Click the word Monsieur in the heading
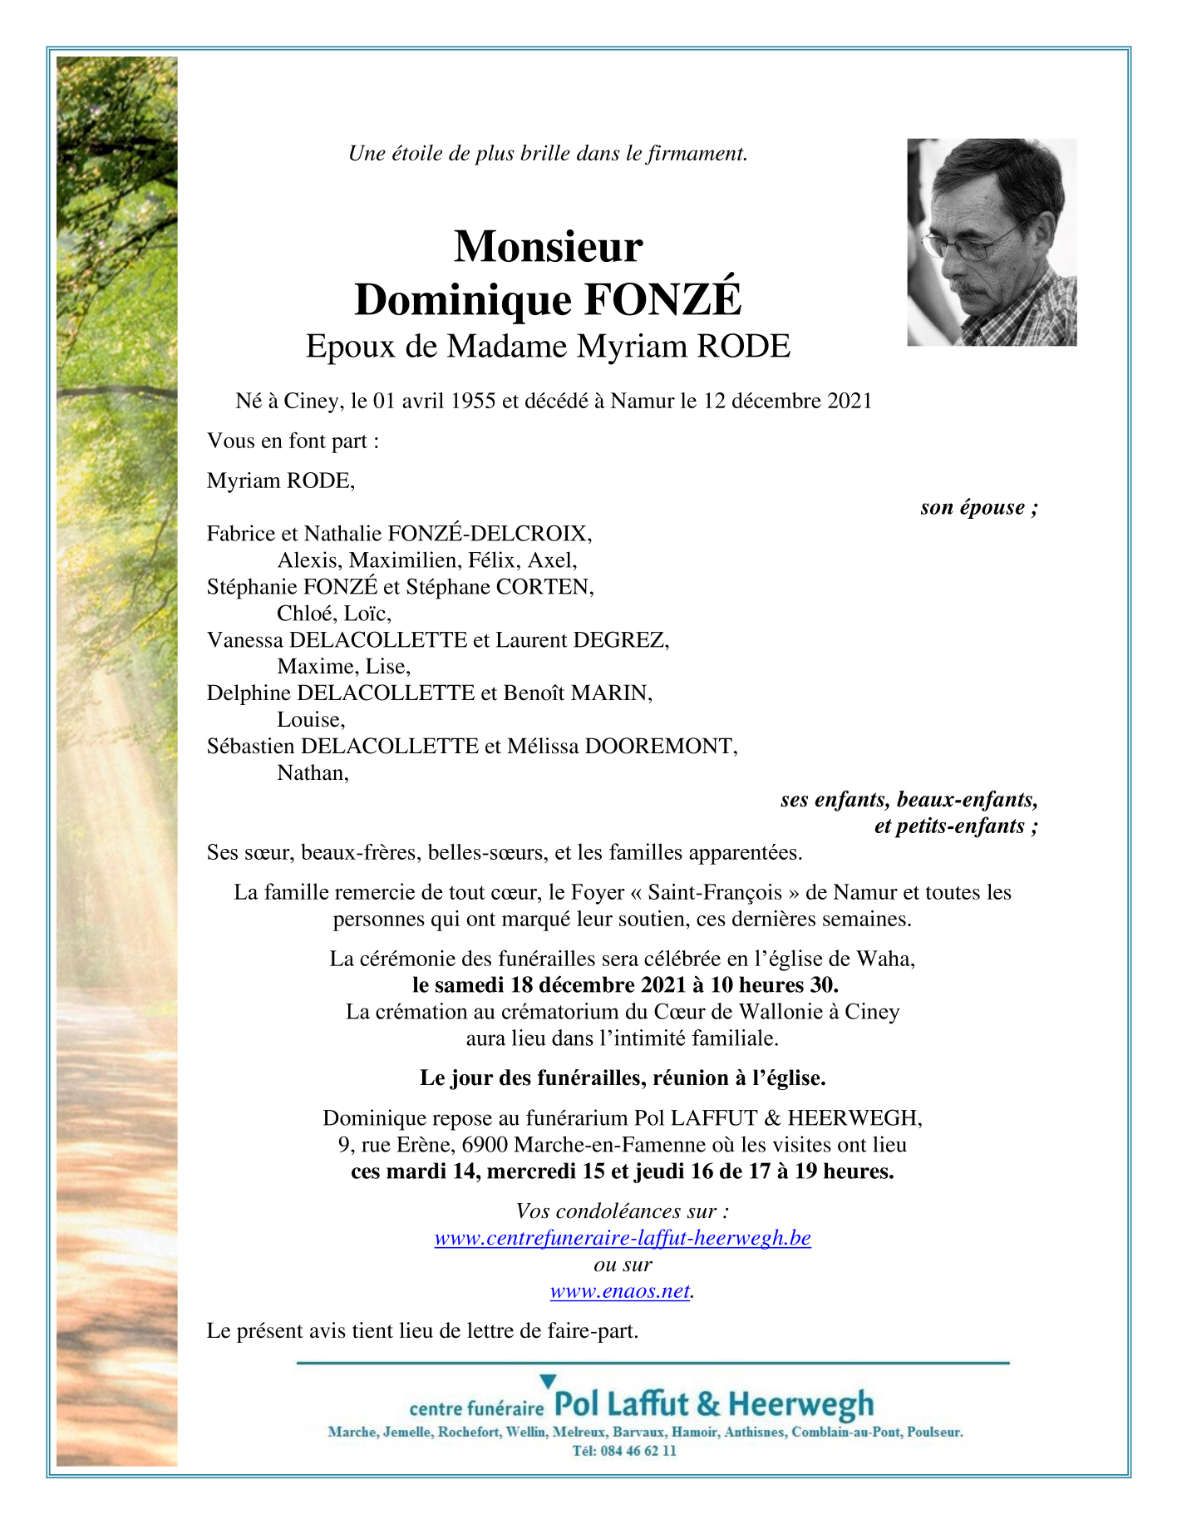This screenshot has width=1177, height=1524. pyautogui.click(x=548, y=246)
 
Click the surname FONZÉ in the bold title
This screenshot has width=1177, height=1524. pyautogui.click(x=662, y=300)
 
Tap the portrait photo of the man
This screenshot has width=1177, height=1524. pyautogui.click(x=991, y=242)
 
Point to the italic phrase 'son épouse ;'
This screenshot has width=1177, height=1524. pyautogui.click(x=978, y=507)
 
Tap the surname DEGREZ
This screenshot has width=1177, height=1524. pyautogui.click(x=619, y=640)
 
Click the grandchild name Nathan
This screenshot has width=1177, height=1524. pyautogui.click(x=312, y=773)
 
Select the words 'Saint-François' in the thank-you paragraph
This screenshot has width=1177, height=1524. pyautogui.click(x=715, y=893)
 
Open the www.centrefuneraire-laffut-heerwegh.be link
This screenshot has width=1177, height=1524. pyautogui.click(x=623, y=1238)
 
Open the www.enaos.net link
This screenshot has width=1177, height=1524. pyautogui.click(x=620, y=1291)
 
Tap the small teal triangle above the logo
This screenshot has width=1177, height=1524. pyautogui.click(x=548, y=1382)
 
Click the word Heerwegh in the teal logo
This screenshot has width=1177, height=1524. pyautogui.click(x=800, y=1404)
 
